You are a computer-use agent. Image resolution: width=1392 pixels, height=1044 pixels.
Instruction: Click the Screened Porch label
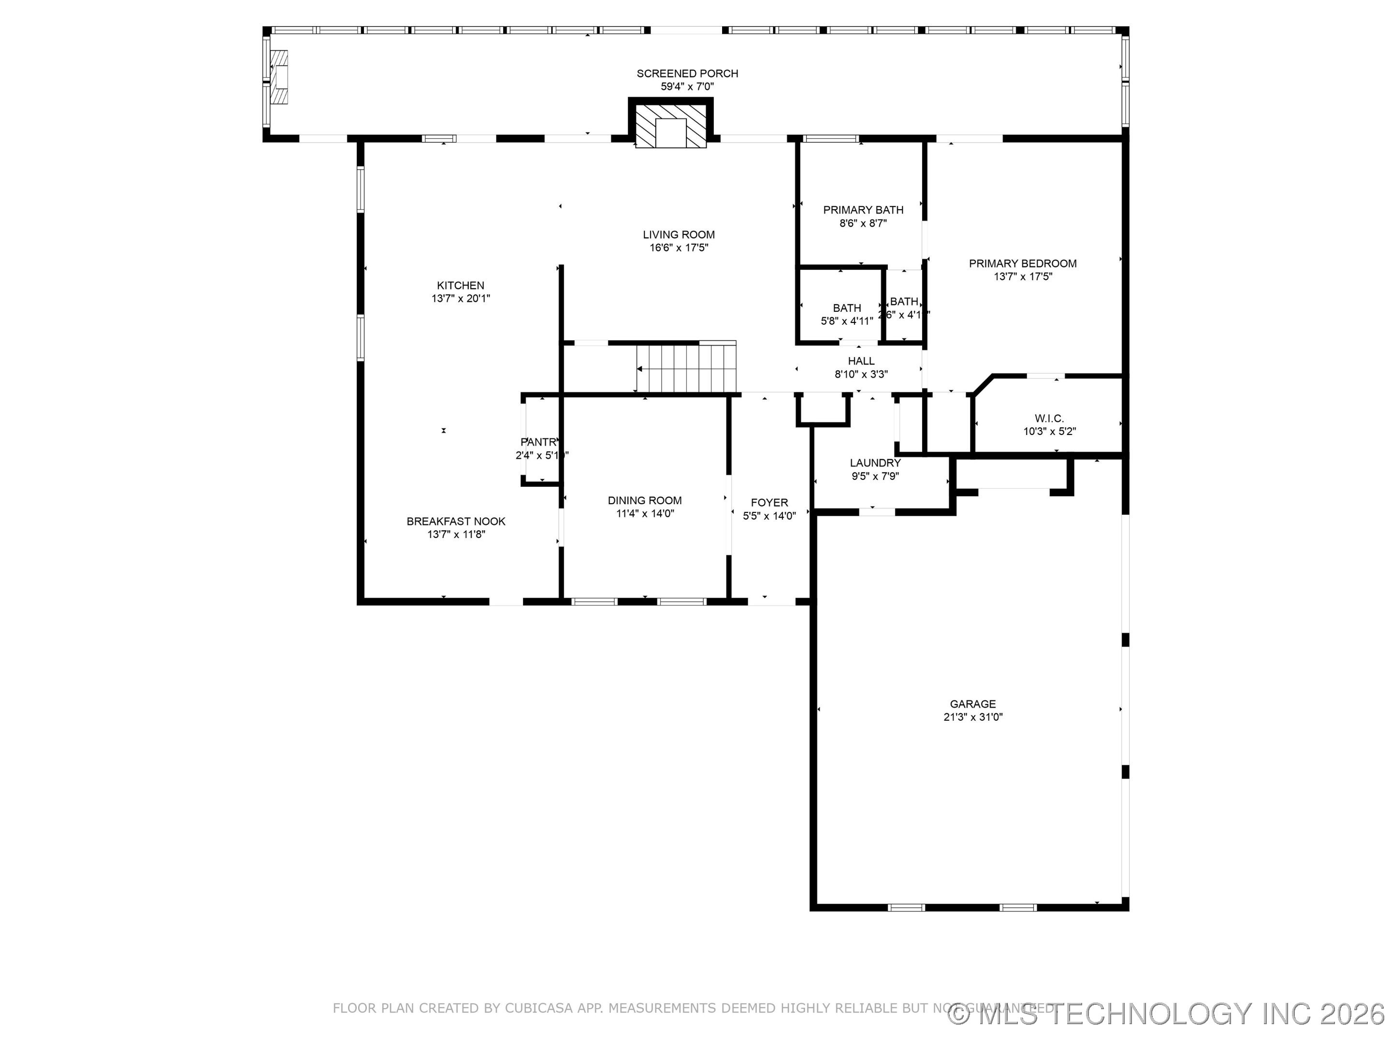687,73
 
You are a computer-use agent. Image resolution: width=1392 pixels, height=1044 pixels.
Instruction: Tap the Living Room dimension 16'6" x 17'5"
679,248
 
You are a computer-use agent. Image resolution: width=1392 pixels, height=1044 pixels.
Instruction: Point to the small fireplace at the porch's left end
279,77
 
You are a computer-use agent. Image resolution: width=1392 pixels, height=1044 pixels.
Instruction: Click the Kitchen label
461,286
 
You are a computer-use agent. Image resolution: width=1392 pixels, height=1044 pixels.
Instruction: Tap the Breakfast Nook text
456,521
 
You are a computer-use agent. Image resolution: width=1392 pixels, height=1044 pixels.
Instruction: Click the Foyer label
769,503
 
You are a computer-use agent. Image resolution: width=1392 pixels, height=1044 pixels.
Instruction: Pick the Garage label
972,704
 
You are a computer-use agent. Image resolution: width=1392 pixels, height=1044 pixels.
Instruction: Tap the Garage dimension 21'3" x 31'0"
972,717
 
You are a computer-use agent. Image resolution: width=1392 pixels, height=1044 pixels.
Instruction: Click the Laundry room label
875,463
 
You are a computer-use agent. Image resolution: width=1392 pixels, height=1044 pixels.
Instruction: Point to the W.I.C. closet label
1049,419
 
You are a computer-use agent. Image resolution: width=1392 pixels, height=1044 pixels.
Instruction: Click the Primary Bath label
863,210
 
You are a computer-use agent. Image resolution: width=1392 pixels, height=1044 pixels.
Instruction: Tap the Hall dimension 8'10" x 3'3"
861,375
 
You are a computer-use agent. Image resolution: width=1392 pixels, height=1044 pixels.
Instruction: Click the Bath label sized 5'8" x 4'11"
846,308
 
